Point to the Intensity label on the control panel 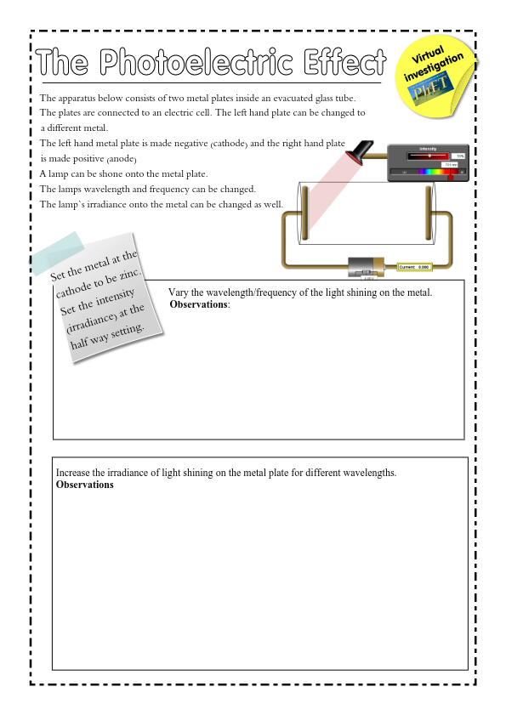[429, 149]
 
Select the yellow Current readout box [415, 267]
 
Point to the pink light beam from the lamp [327, 191]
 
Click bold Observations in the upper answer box [199, 304]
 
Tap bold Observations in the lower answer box [84, 485]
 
